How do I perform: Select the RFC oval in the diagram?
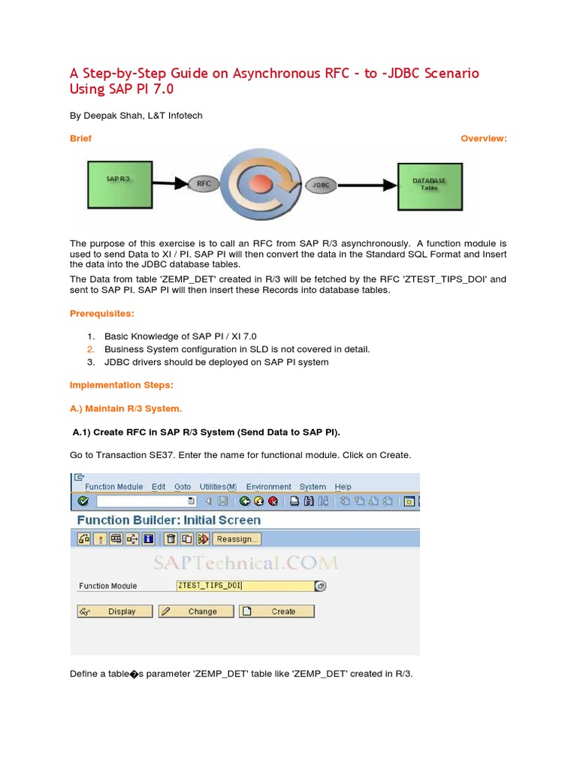pos(204,182)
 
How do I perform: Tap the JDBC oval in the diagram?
pos(321,184)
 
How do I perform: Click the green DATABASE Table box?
pos(429,184)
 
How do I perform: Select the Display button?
pos(115,611)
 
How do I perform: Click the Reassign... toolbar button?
pos(237,538)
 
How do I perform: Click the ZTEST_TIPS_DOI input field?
pos(244,586)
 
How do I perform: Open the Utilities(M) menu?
pos(218,487)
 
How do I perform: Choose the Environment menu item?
pos(268,487)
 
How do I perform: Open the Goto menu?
pos(183,487)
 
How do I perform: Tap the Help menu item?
pos(343,487)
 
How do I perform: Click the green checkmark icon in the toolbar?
pos(83,501)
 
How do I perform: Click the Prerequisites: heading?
pos(102,313)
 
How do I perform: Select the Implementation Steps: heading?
pos(121,385)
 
